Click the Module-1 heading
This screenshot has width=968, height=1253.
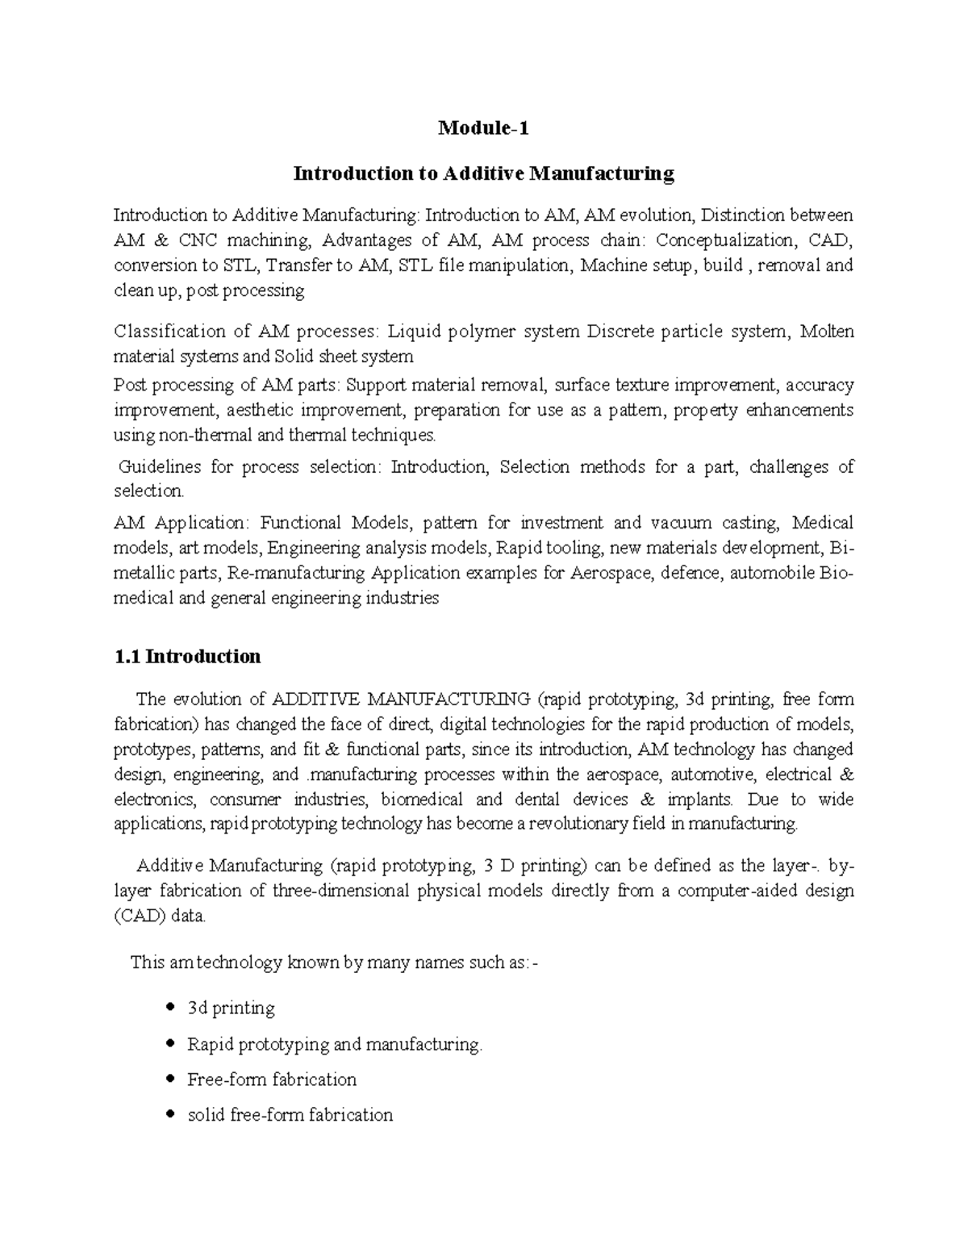click(x=483, y=128)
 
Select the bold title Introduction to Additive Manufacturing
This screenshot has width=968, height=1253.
click(x=483, y=173)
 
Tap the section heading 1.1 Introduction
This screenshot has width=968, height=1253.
click(x=188, y=657)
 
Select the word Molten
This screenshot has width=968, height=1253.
click(x=827, y=332)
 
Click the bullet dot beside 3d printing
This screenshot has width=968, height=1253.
click(x=169, y=1008)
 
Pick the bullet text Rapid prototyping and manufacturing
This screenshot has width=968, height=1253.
click(x=334, y=1045)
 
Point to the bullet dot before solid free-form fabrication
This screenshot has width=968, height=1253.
click(x=169, y=1114)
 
